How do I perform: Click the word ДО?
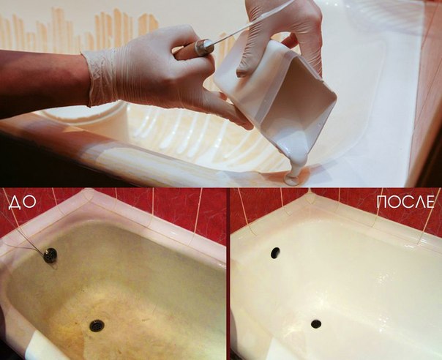point(23,203)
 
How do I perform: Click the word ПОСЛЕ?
point(405,201)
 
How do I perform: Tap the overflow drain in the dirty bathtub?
point(50,255)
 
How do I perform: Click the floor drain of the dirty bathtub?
point(97,326)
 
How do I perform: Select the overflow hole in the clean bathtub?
point(275,253)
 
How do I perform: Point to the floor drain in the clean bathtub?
point(316,324)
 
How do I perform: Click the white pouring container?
point(277,93)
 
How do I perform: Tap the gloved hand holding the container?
point(282,34)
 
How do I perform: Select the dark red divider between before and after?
point(228,274)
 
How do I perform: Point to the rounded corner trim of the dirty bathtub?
point(87,198)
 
